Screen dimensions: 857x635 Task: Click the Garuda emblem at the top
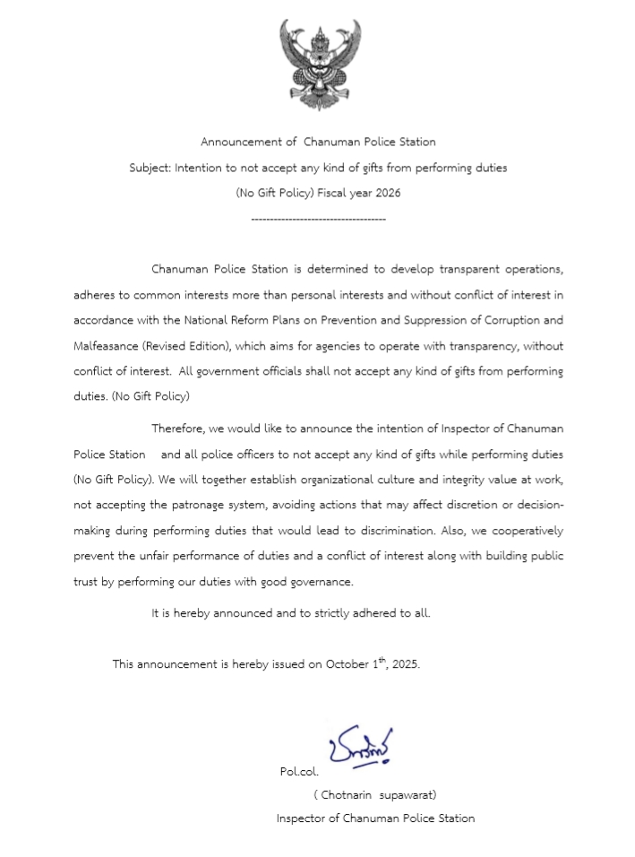coord(318,65)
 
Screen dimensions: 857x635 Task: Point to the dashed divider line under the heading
coord(318,220)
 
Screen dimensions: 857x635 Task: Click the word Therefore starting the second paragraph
coord(179,428)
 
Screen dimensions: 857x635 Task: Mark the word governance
coord(321,582)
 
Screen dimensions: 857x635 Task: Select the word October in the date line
coord(348,664)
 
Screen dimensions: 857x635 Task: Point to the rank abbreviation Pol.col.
coord(299,771)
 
